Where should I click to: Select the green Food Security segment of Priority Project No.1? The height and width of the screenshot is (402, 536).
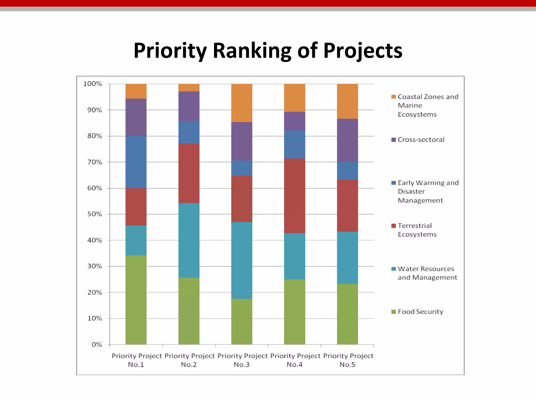(x=136, y=300)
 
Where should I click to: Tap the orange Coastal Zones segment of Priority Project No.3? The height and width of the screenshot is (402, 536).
(x=242, y=103)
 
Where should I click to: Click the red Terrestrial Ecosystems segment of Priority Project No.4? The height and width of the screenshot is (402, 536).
(x=294, y=196)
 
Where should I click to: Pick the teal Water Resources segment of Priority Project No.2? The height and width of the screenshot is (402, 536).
(x=189, y=240)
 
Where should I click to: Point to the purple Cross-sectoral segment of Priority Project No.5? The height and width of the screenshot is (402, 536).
(x=347, y=140)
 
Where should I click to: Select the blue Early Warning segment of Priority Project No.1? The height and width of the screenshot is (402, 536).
(x=136, y=162)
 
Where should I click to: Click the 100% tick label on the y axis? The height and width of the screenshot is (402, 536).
(x=92, y=84)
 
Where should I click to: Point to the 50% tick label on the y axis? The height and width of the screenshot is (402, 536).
(x=94, y=214)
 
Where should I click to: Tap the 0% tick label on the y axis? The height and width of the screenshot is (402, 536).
(x=97, y=344)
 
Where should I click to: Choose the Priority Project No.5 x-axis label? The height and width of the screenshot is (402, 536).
(x=348, y=360)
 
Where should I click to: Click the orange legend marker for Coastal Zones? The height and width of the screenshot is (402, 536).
(x=393, y=97)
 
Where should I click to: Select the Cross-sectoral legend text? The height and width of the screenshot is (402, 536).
(x=421, y=140)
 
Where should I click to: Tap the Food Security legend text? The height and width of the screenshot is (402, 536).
(x=420, y=312)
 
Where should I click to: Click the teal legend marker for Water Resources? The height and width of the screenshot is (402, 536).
(x=393, y=269)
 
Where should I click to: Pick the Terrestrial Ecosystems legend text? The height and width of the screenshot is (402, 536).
(x=417, y=230)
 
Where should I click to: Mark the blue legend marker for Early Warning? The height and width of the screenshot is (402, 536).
(x=393, y=183)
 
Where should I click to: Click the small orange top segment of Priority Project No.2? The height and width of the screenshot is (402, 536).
(x=189, y=87)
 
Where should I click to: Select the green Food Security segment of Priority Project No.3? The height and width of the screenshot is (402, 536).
(x=242, y=321)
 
